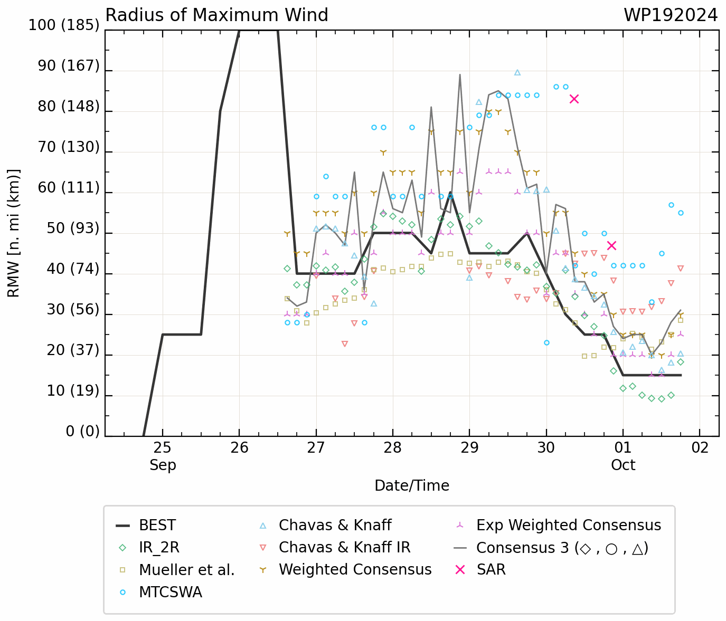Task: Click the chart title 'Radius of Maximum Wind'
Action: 216,15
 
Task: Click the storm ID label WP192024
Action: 670,15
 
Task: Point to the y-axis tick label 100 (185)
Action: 64,25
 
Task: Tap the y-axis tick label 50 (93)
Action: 73,228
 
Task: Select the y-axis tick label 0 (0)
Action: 82,432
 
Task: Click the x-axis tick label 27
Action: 316,448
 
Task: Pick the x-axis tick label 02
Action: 700,448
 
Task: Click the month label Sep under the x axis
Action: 163,465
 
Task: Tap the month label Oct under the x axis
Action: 623,465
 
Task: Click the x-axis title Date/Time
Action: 412,486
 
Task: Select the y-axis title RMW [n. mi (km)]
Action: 13,233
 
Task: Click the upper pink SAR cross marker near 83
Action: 574,99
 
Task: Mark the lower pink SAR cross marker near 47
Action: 611,245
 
